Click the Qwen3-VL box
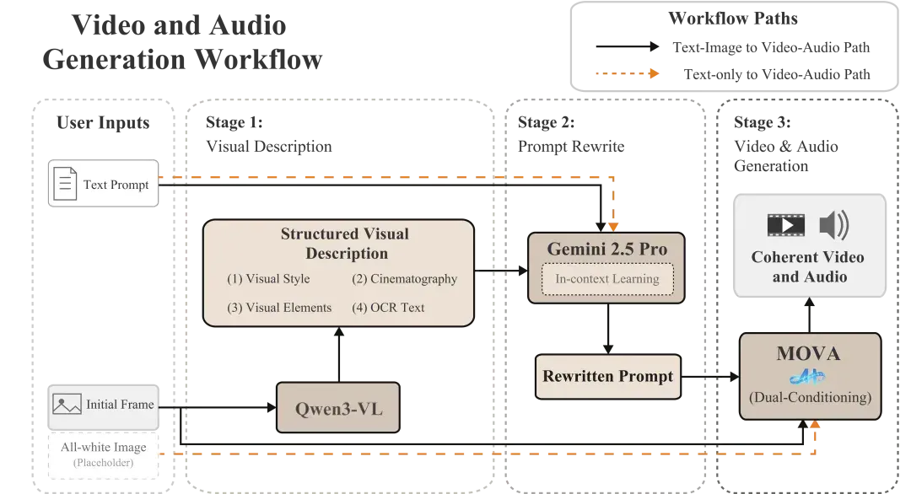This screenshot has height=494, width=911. pyautogui.click(x=338, y=407)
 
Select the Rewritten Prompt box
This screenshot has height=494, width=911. pyautogui.click(x=607, y=377)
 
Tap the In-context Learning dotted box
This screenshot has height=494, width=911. pyautogui.click(x=607, y=279)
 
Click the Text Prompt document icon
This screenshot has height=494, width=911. pyautogui.click(x=65, y=184)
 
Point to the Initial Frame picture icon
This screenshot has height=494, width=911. pyautogui.click(x=67, y=404)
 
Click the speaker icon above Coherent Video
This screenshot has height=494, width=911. pyautogui.click(x=834, y=225)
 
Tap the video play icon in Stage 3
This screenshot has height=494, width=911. pyautogui.click(x=786, y=225)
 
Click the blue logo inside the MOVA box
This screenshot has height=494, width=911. pyautogui.click(x=807, y=378)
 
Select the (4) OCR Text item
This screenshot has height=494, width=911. pyautogui.click(x=388, y=308)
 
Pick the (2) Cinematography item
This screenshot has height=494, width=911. pyautogui.click(x=404, y=279)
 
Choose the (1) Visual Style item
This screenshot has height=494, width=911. pyautogui.click(x=268, y=279)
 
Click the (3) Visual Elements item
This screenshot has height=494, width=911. pyautogui.click(x=279, y=308)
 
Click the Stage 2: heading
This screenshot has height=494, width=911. pyautogui.click(x=546, y=122)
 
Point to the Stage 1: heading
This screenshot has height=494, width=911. pyautogui.click(x=234, y=122)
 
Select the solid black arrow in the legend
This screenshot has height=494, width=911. pyautogui.click(x=628, y=46)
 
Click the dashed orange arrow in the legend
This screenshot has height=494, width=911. pyautogui.click(x=628, y=73)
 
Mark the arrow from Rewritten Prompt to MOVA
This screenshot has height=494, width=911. pyautogui.click(x=710, y=377)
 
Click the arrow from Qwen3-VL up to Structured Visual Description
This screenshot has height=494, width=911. pyautogui.click(x=339, y=354)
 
